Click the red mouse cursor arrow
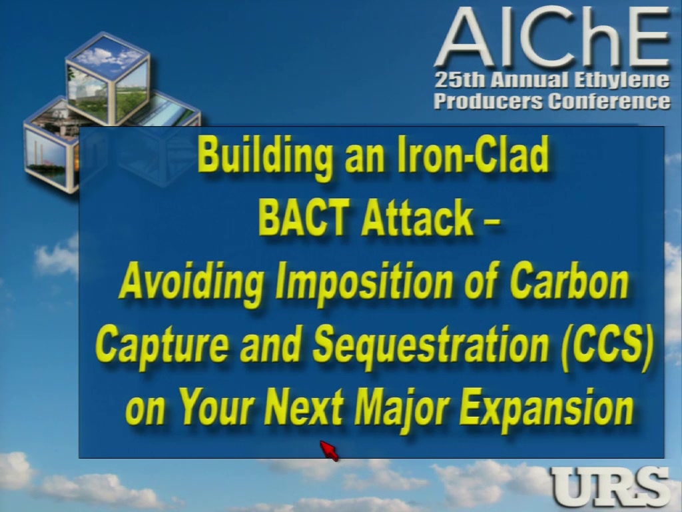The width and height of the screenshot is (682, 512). click(329, 450)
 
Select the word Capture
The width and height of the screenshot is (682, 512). click(162, 345)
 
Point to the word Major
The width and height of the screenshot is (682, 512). click(402, 409)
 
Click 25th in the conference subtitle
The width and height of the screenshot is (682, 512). click(460, 80)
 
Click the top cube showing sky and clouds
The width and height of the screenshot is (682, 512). click(107, 79)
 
